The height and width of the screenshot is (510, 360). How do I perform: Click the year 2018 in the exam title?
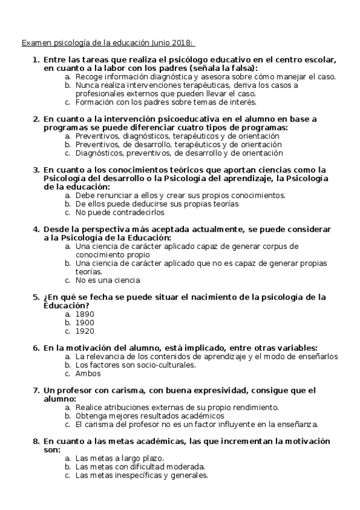point(182,43)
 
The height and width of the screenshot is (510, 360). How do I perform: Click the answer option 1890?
point(85,314)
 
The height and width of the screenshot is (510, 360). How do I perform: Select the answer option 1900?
point(85,322)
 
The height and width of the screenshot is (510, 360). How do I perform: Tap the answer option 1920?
point(85,331)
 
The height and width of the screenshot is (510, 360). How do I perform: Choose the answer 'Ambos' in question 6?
point(88,373)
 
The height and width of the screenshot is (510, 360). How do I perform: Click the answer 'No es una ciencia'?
point(108,280)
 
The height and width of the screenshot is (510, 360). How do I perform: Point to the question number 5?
point(36,297)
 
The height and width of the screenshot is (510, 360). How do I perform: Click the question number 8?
point(36,441)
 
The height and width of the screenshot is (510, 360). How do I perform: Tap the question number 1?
point(36,60)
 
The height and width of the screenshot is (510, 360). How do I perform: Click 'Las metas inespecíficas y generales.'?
point(142,475)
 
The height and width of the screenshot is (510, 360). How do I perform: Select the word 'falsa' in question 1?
point(239,69)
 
